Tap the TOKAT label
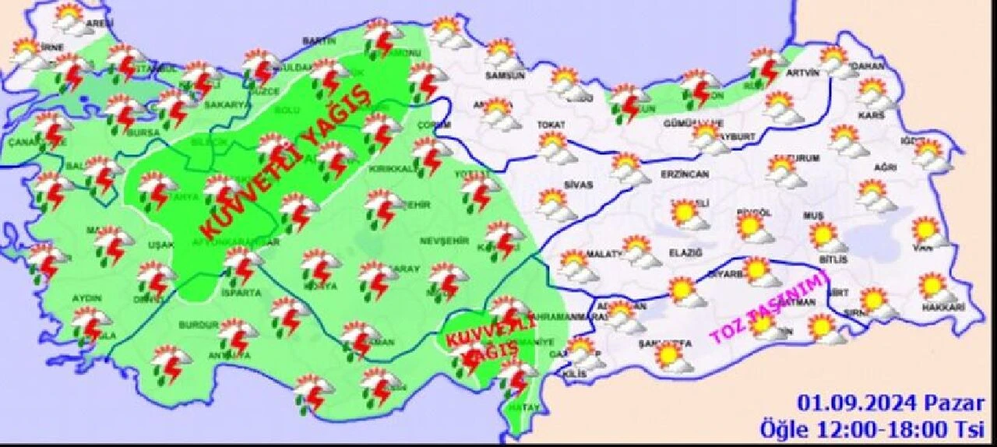click(551, 124)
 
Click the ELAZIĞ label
click(685, 252)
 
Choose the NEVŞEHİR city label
click(442, 241)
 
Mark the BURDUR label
click(197, 325)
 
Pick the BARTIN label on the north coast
click(321, 40)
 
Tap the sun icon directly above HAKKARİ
click(933, 286)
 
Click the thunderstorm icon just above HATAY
click(516, 377)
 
